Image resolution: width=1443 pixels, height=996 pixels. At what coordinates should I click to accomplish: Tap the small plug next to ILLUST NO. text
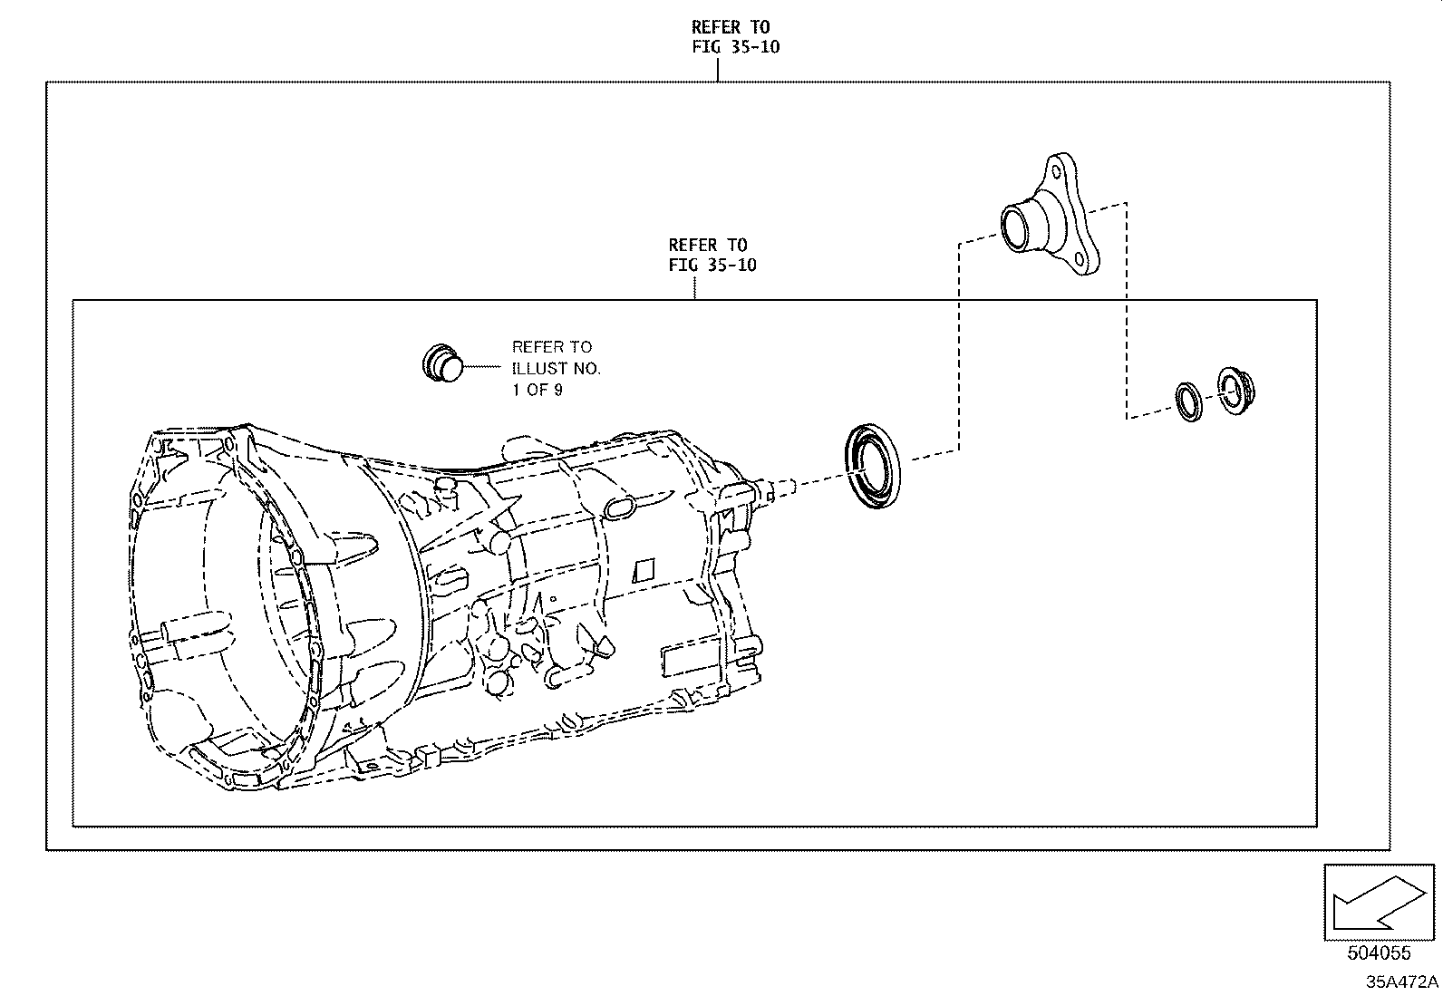click(441, 363)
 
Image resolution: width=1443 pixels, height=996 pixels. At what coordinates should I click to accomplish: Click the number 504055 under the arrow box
click(1380, 953)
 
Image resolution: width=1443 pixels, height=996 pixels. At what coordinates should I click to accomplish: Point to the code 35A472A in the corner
click(1402, 982)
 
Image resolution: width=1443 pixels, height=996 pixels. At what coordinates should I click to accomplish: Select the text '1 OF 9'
click(537, 391)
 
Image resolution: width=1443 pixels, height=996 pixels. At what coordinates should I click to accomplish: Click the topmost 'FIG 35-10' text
click(735, 47)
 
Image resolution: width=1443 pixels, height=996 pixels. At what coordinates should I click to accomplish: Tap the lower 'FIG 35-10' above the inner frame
click(712, 265)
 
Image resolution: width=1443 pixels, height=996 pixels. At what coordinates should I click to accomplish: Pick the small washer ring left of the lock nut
click(1188, 401)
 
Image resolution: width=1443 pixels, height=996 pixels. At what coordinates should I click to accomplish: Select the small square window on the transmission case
click(643, 569)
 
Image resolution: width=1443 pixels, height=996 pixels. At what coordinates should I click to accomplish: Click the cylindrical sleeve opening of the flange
click(1016, 226)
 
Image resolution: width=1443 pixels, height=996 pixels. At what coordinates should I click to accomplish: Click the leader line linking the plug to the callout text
click(482, 367)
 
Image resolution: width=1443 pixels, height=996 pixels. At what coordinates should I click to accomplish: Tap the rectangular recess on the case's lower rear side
click(686, 659)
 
